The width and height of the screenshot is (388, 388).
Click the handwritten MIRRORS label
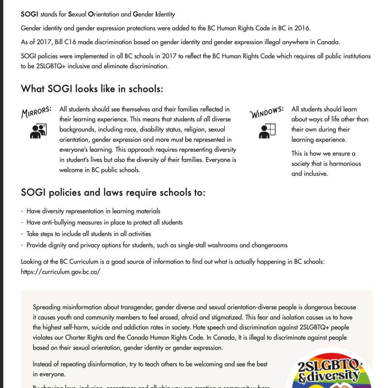tap(36, 112)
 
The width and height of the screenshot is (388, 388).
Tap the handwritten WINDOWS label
tap(266, 112)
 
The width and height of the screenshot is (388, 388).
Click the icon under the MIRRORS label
tap(38, 131)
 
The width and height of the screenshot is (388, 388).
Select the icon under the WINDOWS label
tap(267, 131)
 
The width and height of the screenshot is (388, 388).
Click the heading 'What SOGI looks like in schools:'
tap(92, 89)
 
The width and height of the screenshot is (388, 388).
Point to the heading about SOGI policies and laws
tap(113, 193)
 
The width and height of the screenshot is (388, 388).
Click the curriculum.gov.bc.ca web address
tap(61, 272)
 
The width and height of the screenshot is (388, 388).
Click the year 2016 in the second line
tap(302, 28)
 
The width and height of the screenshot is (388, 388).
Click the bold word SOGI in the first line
tap(29, 14)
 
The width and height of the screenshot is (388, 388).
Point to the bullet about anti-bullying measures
tap(104, 223)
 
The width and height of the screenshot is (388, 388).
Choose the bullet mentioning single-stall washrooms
tap(157, 245)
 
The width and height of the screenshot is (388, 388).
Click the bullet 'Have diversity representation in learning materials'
tap(93, 211)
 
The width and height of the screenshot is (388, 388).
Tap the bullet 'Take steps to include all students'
tap(89, 234)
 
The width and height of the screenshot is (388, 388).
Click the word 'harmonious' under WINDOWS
tap(345, 164)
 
